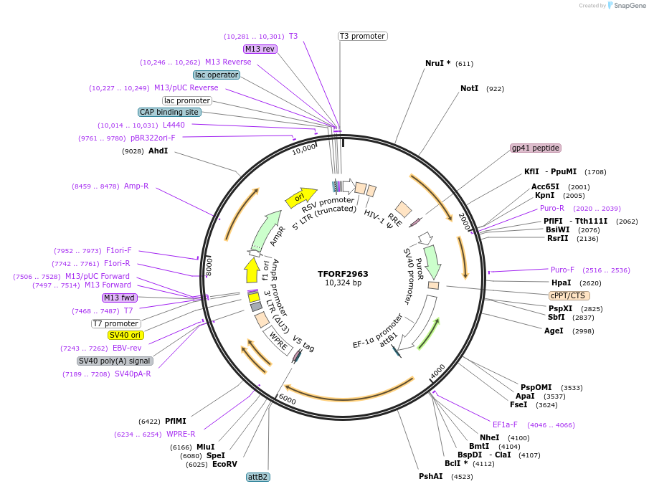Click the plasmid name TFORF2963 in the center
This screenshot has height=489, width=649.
343,273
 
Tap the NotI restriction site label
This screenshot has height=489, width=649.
469,88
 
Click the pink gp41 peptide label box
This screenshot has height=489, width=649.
535,148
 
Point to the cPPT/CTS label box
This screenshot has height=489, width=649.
569,295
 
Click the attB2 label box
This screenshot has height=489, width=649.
257,477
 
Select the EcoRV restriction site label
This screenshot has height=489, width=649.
224,464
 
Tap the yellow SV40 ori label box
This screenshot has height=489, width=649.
125,335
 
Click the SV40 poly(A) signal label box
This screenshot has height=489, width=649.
115,361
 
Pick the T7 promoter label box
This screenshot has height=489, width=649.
115,323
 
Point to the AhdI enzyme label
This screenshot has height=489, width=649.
158,151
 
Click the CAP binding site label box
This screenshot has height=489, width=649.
169,112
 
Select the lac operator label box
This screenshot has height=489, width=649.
217,75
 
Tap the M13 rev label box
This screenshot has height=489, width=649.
260,49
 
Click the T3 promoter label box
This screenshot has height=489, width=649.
362,36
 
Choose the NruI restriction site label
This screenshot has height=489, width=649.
437,63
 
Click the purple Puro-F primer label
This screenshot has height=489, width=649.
562,270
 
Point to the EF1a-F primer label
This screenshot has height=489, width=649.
505,424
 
